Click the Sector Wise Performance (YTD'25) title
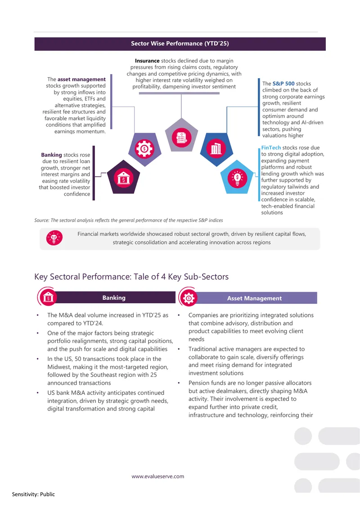[180, 44]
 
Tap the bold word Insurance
[147, 61]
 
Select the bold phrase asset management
[81, 80]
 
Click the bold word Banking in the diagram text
[51, 155]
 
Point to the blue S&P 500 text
[283, 84]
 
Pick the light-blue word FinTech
[271, 147]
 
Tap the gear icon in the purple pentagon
[144, 149]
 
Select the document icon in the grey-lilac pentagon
[181, 137]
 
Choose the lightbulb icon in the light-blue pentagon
[238, 178]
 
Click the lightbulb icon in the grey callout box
[54, 238]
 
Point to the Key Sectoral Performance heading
[131, 276]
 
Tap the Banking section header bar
[114, 298]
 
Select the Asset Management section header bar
[254, 298]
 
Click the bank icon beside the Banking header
[48, 297]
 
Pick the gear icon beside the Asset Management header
[189, 298]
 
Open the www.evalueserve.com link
[158, 476]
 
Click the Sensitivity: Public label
[33, 494]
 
